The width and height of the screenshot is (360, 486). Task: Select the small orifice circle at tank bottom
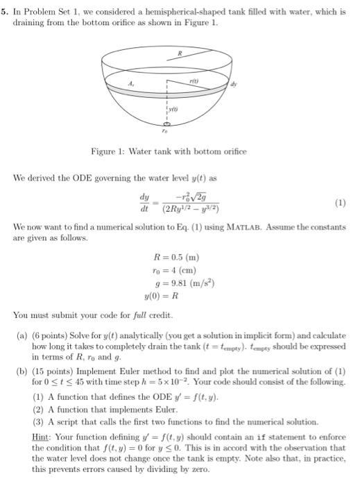165,124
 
